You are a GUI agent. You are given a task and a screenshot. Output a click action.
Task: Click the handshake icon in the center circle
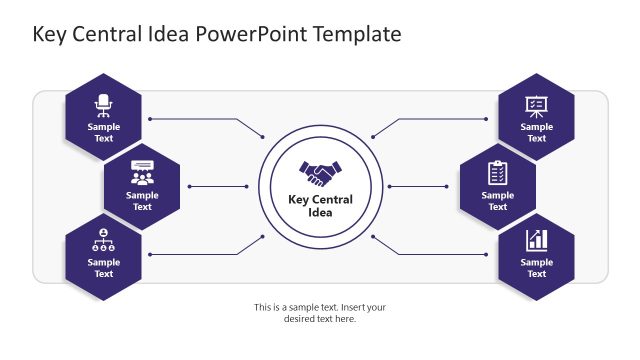tap(320, 174)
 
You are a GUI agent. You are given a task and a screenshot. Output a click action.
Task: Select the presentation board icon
tap(536, 105)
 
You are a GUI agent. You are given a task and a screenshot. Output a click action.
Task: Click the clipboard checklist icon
tap(497, 173)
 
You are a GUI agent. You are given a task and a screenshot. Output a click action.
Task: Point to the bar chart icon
tap(536, 240)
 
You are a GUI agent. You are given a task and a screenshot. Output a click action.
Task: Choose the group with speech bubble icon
tap(142, 173)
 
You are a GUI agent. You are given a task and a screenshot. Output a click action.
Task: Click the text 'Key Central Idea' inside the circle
tap(320, 205)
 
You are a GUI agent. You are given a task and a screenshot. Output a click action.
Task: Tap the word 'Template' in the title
tap(357, 34)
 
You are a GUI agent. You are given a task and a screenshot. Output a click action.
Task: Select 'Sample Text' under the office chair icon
tap(104, 133)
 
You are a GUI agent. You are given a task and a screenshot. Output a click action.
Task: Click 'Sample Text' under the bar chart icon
tap(536, 268)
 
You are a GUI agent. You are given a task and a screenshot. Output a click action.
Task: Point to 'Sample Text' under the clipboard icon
tap(497, 201)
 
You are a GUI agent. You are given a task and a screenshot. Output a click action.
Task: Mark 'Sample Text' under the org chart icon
tap(104, 268)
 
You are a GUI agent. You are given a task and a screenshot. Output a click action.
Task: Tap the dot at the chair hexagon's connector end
tap(150, 119)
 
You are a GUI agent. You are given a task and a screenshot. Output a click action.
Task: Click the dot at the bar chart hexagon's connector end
tap(486, 254)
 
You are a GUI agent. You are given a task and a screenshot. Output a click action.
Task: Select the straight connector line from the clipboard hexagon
tap(418, 186)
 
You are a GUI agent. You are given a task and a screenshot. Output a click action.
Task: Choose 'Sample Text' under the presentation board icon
tap(536, 133)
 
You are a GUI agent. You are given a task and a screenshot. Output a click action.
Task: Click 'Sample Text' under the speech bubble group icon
tap(142, 201)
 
